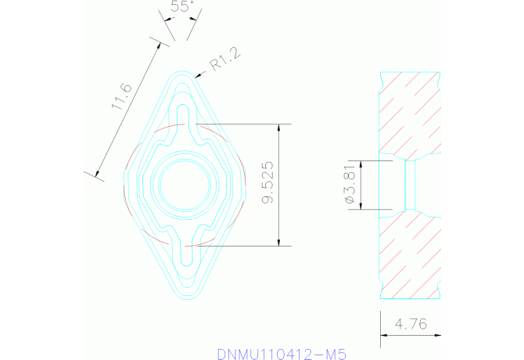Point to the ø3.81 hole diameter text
point(350,185)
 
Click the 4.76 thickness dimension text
point(411,323)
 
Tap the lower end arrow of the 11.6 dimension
point(98,175)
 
